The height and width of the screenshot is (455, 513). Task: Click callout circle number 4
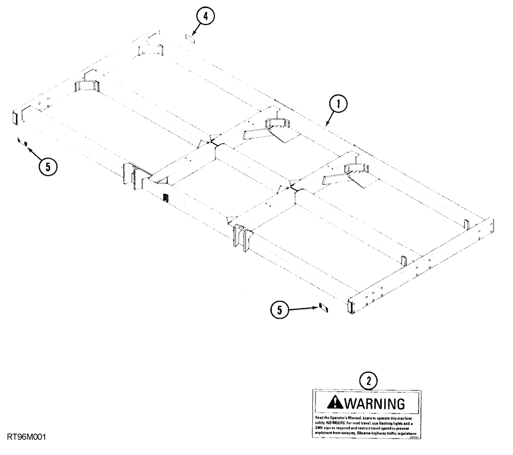(205, 17)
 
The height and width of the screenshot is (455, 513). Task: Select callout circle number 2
(368, 381)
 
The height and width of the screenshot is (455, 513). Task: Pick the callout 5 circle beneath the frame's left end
(47, 167)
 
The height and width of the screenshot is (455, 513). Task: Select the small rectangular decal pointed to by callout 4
(188, 37)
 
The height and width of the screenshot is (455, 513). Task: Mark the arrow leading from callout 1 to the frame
(330, 117)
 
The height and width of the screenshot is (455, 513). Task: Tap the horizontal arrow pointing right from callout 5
(303, 308)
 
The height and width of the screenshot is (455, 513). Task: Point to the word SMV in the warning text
(321, 428)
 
